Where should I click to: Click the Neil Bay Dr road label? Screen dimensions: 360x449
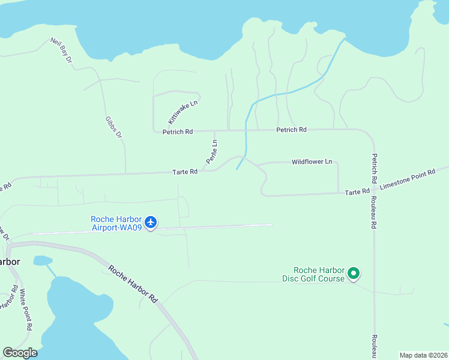coord(61,50)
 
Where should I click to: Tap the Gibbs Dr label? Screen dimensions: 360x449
coord(113,126)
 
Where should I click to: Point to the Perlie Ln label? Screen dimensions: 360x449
coord(211,152)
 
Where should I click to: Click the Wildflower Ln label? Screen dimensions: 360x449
coord(312,161)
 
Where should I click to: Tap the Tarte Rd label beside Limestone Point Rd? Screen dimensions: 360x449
coord(357,191)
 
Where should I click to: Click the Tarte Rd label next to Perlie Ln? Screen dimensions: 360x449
coord(185,172)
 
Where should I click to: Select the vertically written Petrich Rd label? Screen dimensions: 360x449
coord(373,169)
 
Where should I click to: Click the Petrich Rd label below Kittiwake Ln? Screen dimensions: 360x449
coord(177,131)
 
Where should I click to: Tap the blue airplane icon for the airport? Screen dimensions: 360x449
coord(151,223)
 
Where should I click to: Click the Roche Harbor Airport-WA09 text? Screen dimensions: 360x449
coord(116,223)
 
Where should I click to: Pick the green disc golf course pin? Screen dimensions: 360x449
coord(354,274)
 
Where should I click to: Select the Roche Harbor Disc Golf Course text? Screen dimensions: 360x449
coord(314,274)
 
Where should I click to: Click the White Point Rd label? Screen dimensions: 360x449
coord(25,310)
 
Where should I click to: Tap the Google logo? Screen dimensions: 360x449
coord(20,353)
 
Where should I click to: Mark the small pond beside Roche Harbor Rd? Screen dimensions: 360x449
coord(42,260)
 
